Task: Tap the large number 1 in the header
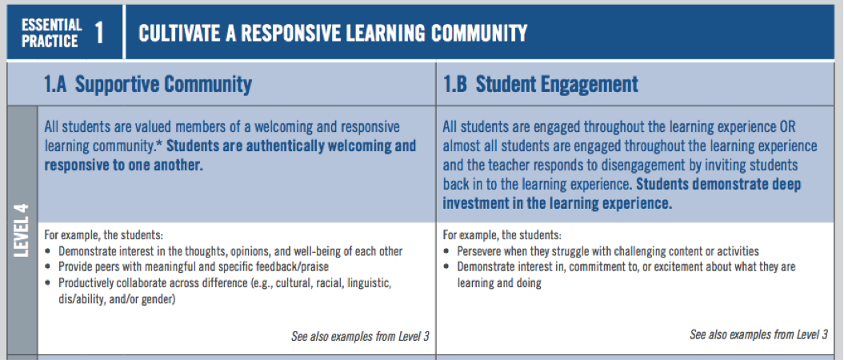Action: coord(98,33)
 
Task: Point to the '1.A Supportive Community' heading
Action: coord(147,84)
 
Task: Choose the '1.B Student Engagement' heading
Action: coord(540,84)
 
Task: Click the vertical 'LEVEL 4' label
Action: coord(21,232)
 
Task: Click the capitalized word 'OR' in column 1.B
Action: coord(787,128)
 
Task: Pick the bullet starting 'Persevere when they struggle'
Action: coord(608,251)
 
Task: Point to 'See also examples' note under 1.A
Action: coord(360,337)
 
